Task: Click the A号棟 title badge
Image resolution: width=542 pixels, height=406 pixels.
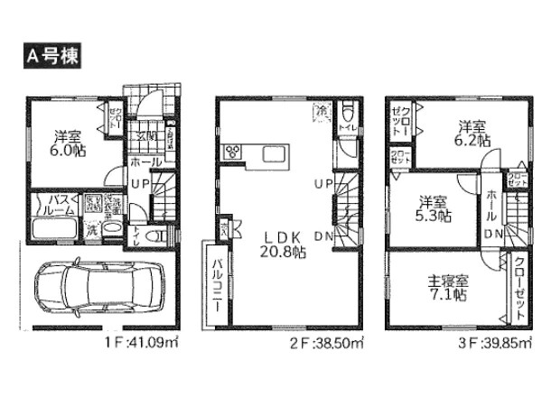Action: pos(51,55)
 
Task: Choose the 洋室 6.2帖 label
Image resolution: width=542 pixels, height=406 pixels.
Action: pos(472,134)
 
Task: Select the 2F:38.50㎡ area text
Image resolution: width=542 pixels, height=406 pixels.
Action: pos(329,344)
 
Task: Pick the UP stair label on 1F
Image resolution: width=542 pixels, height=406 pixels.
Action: pos(142,184)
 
